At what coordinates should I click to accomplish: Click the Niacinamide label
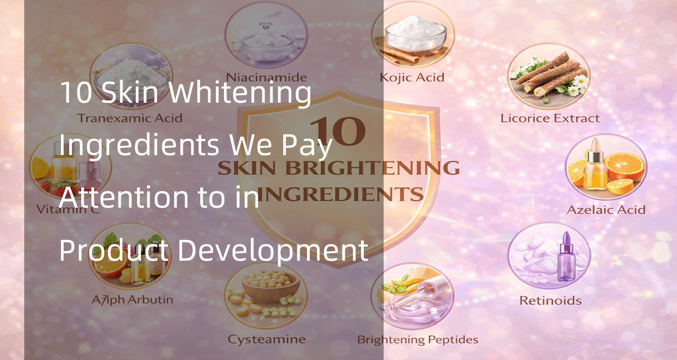(266, 77)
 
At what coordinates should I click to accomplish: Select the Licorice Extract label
(550, 118)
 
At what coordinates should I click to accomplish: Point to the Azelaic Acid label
(606, 210)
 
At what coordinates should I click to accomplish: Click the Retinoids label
(550, 300)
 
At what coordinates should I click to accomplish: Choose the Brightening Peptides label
(417, 340)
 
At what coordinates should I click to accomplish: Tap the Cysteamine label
(266, 340)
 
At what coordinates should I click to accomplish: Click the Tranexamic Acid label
(130, 118)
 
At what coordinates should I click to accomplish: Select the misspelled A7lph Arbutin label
(132, 300)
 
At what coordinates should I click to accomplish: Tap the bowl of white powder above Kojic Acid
(416, 31)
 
